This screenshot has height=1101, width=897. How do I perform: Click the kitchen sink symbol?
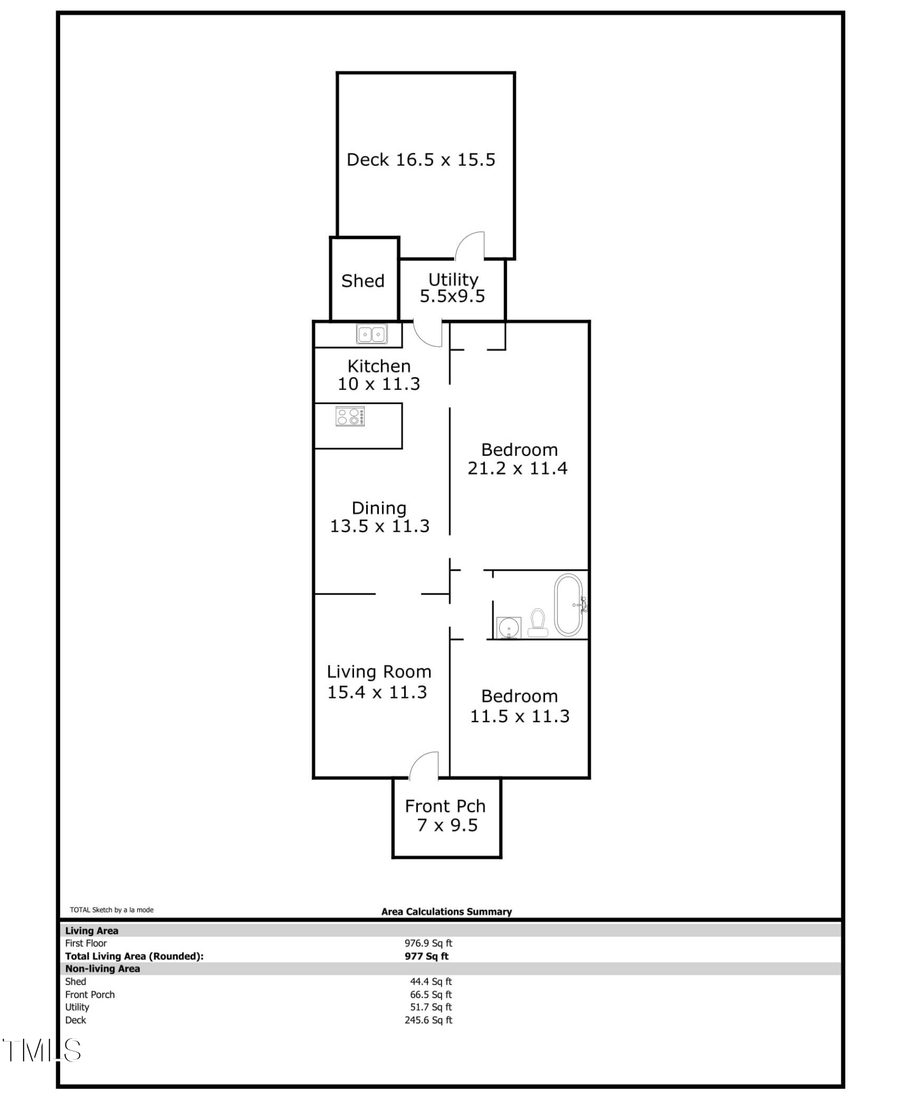click(372, 334)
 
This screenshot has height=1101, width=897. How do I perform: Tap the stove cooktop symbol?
click(350, 416)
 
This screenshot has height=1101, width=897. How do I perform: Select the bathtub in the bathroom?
click(568, 605)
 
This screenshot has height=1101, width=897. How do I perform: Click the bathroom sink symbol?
click(508, 628)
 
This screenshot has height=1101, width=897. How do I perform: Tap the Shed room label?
click(363, 281)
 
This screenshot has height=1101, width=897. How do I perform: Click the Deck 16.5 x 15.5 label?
click(421, 160)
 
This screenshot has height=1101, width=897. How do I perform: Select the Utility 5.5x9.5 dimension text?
click(453, 297)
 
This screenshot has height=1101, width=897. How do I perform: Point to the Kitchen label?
click(379, 366)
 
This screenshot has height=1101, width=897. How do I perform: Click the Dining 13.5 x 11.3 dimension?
click(379, 526)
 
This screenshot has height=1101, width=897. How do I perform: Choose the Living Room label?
click(379, 672)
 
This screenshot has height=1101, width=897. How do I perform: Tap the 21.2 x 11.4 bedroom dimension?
click(518, 468)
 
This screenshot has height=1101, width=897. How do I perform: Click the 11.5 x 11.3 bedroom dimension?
click(520, 716)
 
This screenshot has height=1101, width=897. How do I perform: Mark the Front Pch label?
click(445, 806)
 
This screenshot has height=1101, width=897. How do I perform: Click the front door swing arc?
click(423, 766)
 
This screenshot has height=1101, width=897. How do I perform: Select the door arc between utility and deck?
click(470, 246)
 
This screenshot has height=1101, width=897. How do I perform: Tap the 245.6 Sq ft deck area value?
click(428, 1020)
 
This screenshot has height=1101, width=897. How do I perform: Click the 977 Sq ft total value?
click(427, 956)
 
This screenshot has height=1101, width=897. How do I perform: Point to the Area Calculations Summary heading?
click(447, 912)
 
